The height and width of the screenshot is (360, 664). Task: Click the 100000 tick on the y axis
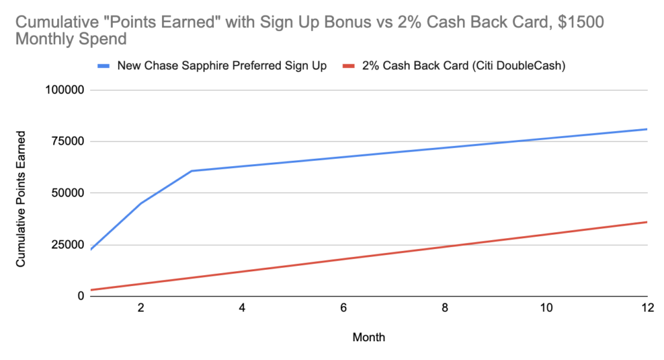click(65, 90)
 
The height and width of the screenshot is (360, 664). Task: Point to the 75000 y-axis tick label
click(67, 141)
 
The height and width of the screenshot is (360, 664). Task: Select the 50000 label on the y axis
click(67, 193)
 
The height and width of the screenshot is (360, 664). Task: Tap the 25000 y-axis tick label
click(67, 245)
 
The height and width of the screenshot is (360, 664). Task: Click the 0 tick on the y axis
click(80, 296)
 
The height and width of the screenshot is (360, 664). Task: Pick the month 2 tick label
click(141, 308)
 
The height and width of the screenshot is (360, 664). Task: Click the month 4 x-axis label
click(242, 308)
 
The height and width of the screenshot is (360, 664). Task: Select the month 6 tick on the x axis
click(344, 308)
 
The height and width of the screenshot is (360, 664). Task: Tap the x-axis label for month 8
click(445, 308)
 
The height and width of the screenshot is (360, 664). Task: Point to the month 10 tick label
click(546, 308)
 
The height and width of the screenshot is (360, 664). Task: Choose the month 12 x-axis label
click(648, 308)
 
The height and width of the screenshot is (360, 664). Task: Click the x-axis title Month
click(369, 337)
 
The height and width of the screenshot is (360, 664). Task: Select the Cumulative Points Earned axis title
click(21, 199)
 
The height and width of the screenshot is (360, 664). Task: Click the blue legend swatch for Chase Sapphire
click(104, 66)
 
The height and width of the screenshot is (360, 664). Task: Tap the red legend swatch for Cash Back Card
click(348, 66)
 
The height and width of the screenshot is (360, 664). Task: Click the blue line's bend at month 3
click(191, 171)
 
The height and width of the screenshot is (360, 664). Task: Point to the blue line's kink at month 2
click(141, 203)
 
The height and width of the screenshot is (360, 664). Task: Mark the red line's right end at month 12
click(647, 222)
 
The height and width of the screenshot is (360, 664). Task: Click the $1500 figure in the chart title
click(580, 22)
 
